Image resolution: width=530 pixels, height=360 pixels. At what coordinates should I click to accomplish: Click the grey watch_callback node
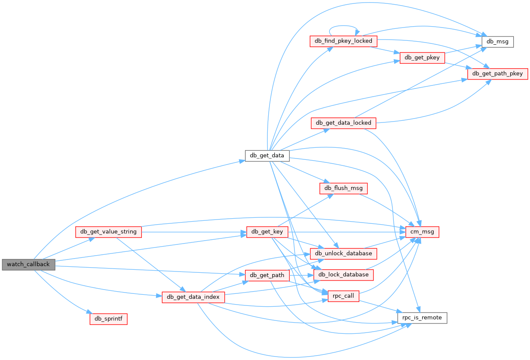tap(28, 264)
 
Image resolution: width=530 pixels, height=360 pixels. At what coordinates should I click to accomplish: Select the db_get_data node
tap(267, 155)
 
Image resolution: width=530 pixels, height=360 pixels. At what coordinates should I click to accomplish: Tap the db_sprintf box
tap(108, 319)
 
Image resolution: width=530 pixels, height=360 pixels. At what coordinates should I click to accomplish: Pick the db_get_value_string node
tap(108, 232)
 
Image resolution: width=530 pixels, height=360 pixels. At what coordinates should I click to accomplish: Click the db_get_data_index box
tap(193, 297)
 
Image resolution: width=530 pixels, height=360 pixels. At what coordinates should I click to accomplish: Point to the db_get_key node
tap(267, 232)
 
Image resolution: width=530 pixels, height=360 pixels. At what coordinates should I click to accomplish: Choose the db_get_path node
tap(267, 275)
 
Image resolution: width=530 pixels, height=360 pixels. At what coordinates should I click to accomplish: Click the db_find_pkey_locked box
tap(343, 41)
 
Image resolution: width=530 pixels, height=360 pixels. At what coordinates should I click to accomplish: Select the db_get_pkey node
tap(422, 58)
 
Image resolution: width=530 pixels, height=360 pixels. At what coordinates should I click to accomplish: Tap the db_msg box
tap(497, 41)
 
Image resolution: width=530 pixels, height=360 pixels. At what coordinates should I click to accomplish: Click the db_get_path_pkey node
tap(497, 73)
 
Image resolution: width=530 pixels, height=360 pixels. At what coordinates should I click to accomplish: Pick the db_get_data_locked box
tap(343, 123)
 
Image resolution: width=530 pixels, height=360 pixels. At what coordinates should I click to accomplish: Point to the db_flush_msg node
tap(343, 188)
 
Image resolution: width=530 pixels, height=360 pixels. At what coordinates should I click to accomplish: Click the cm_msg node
tap(422, 232)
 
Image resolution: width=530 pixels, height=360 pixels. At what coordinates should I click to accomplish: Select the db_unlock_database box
tap(343, 253)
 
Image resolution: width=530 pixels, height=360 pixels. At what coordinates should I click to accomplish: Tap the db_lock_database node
tap(343, 275)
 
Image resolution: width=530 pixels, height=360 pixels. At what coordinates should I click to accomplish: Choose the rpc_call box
tap(343, 296)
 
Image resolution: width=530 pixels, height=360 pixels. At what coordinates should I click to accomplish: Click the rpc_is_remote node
tap(422, 318)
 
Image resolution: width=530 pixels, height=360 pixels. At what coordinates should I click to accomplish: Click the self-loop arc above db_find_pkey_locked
tap(343, 27)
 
